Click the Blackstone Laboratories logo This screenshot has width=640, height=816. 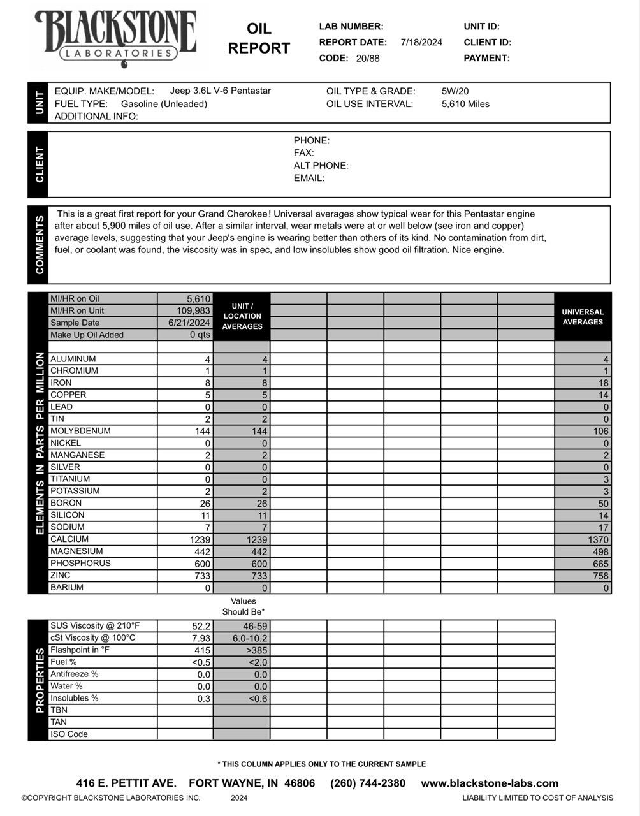point(115,38)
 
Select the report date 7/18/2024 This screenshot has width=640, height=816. point(421,43)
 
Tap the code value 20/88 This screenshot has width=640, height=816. point(368,59)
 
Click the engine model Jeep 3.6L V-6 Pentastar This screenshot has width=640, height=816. point(220,91)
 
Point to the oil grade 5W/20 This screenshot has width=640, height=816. point(455,91)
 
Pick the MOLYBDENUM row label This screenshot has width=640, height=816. point(80,431)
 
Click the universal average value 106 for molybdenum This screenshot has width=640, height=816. point(600,432)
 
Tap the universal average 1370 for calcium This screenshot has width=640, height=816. point(597,540)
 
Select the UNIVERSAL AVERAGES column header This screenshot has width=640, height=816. point(583,317)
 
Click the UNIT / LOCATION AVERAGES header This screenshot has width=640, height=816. point(242,316)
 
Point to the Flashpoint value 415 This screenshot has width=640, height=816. point(202,650)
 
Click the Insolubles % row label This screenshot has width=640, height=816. point(75,698)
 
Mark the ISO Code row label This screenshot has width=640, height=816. point(69,734)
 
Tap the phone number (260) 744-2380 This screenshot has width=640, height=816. point(368,783)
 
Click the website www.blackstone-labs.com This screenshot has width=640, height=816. point(490,783)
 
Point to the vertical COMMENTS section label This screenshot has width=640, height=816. point(39,245)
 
